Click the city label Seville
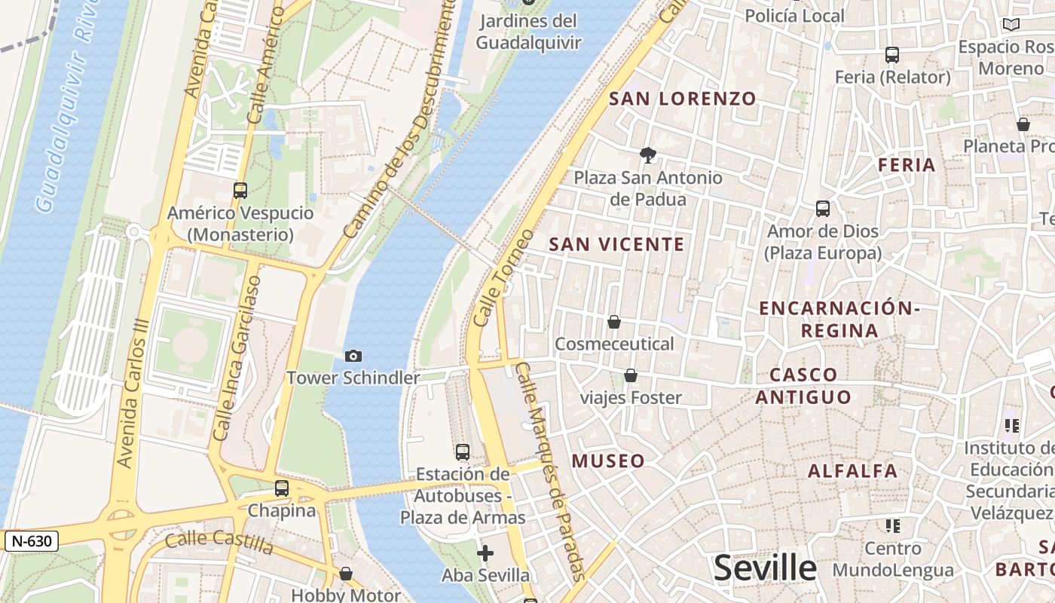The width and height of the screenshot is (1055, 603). click(765, 568)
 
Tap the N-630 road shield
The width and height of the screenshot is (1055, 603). click(31, 540)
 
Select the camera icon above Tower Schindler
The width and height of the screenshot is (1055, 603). click(353, 356)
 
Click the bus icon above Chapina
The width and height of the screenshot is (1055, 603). click(282, 488)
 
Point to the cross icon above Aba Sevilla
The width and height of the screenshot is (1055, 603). click(485, 554)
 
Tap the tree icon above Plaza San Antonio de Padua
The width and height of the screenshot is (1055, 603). click(647, 156)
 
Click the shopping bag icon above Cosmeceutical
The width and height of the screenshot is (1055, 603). click(614, 323)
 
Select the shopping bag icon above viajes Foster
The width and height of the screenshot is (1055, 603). click(631, 375)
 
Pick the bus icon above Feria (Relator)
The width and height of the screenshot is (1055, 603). click(892, 55)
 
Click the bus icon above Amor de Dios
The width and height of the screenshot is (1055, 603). click(823, 209)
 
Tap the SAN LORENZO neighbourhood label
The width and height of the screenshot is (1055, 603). click(682, 99)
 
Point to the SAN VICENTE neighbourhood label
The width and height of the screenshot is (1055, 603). click(616, 244)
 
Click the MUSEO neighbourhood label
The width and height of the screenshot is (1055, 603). click(608, 461)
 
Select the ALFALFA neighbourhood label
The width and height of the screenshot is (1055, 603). click(852, 471)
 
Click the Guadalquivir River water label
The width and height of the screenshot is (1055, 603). click(63, 106)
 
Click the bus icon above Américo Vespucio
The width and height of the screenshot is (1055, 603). click(240, 191)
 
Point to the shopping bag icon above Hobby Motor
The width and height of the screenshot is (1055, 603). click(346, 574)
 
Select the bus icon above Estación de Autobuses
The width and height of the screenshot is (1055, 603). click(463, 452)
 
